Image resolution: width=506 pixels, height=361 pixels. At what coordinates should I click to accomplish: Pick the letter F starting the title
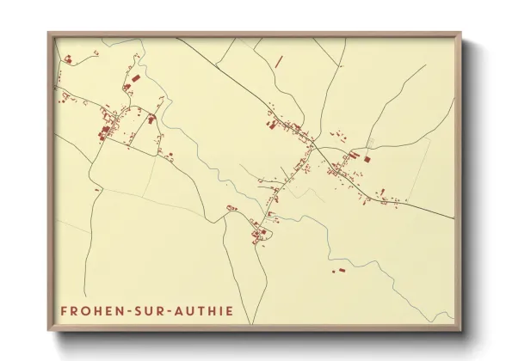[x=64, y=310]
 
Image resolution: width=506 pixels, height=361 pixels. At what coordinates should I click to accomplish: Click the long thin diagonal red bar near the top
[x=279, y=61]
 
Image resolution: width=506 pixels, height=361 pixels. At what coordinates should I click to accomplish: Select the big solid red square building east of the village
[x=366, y=159]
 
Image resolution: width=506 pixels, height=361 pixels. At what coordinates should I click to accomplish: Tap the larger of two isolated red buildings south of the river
[x=339, y=271]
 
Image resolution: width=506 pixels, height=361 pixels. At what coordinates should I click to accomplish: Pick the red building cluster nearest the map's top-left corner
[x=67, y=58]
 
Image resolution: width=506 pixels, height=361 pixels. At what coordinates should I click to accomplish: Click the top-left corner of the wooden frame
[x=48, y=34]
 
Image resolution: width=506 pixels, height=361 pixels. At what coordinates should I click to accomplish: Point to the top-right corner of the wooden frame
[x=460, y=34]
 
